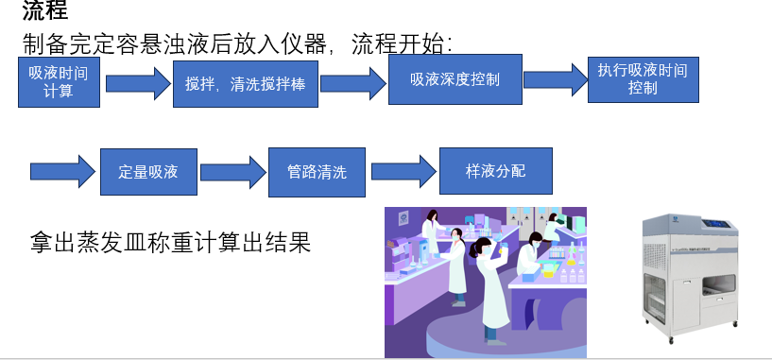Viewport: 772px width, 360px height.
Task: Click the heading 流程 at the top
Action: [45, 12]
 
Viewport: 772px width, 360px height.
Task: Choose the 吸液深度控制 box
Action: [455, 79]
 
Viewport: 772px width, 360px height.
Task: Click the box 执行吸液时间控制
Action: [643, 79]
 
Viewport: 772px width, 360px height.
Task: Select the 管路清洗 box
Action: [317, 172]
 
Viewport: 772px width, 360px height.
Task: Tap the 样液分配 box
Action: [495, 171]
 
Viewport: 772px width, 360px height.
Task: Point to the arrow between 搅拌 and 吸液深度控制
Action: [352, 83]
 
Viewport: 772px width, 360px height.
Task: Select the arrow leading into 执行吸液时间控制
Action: [555, 79]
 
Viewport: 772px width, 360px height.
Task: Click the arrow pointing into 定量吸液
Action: [63, 172]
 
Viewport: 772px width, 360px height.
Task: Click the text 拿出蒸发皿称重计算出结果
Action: [171, 245]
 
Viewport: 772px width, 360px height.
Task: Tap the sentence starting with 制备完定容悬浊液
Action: [239, 44]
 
